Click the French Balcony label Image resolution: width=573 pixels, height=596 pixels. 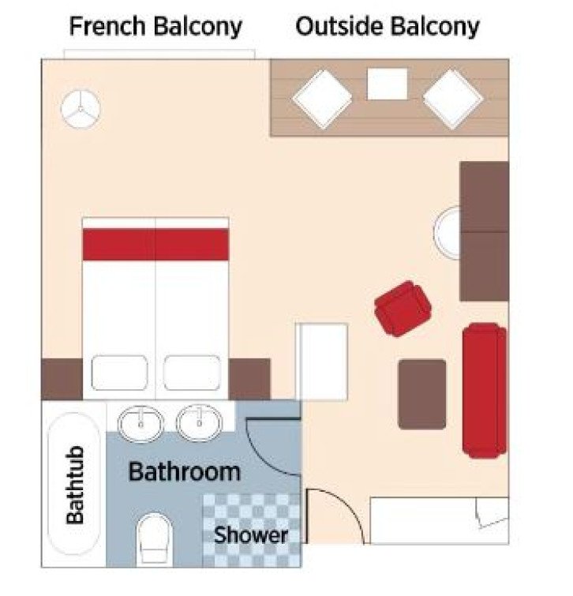pyautogui.click(x=155, y=26)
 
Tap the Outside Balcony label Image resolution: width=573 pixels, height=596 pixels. pyautogui.click(x=387, y=26)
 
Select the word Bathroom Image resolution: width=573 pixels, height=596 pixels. pyautogui.click(x=184, y=472)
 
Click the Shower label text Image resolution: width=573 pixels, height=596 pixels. pyautogui.click(x=251, y=534)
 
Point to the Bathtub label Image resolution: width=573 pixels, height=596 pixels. pyautogui.click(x=75, y=485)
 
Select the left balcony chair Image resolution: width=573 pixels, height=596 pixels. pyautogui.click(x=322, y=98)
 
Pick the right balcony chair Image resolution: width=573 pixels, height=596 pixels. pyautogui.click(x=453, y=99)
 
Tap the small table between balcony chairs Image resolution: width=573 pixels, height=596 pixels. pyautogui.click(x=388, y=84)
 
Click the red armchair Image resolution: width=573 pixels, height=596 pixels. pyautogui.click(x=403, y=306)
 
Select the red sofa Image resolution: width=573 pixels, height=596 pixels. pyautogui.click(x=484, y=389)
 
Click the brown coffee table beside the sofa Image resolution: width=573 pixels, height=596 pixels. pyautogui.click(x=421, y=394)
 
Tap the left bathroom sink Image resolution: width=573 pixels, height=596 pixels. pyautogui.click(x=141, y=423)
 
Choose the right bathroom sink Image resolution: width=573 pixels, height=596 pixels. pyautogui.click(x=200, y=423)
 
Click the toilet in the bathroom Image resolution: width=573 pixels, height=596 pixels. pyautogui.click(x=154, y=539)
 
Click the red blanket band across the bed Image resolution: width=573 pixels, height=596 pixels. pyautogui.click(x=155, y=244)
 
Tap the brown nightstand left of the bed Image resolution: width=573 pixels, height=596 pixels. pyautogui.click(x=62, y=379)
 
